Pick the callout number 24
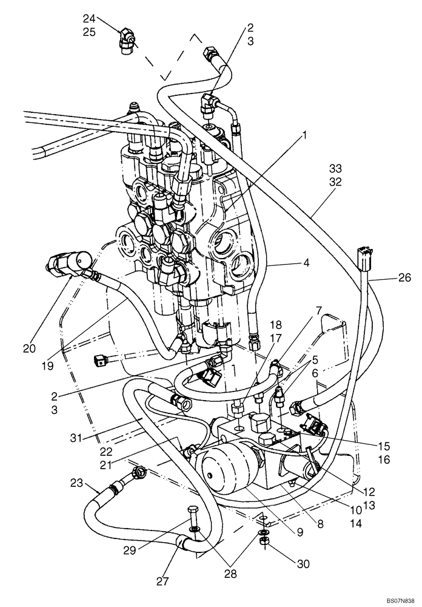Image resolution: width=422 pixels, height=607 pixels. (x=89, y=19)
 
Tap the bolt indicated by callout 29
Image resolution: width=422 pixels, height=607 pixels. (x=193, y=517)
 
